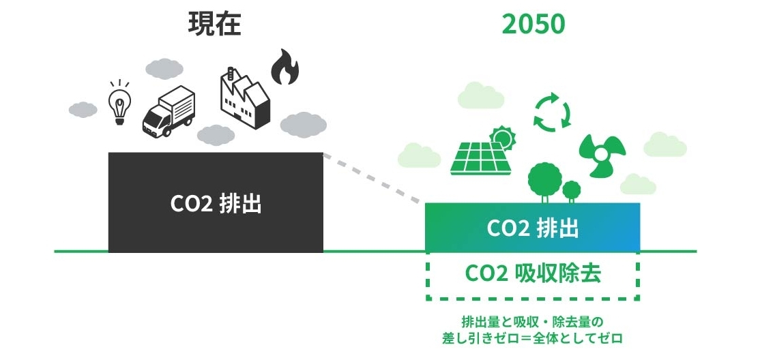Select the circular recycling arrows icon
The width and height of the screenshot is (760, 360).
tap(552, 112)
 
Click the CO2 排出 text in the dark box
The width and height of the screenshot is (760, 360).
tap(216, 204)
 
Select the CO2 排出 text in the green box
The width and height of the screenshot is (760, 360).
tap(532, 228)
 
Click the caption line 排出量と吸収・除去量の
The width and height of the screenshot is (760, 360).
tap(533, 320)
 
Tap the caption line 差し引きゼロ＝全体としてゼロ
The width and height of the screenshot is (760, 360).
tap(533, 337)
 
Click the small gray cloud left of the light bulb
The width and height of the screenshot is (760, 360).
tap(83, 109)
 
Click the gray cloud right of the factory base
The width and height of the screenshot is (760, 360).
tap(304, 124)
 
